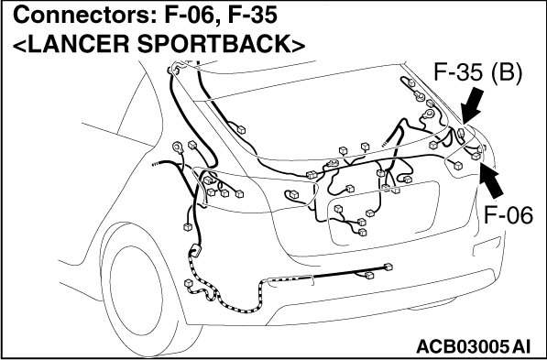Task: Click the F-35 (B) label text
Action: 477,74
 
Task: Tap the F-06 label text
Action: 509,215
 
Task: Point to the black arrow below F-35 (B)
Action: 473,105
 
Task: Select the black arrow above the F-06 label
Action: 491,181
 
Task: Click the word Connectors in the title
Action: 84,16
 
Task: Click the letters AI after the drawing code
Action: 522,347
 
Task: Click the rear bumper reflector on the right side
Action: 487,246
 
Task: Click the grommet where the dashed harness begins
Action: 195,251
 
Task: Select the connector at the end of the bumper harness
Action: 388,267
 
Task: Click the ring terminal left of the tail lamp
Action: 179,147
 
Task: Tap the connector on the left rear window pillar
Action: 241,130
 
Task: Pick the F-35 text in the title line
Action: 252,16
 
